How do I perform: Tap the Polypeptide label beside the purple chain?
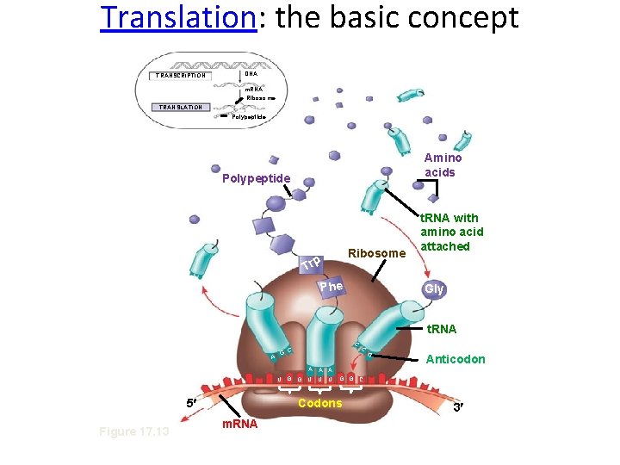coord(257,179)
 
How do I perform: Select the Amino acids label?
coord(443,164)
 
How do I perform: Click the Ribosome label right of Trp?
coord(375,253)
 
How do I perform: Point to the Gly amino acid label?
coord(434,288)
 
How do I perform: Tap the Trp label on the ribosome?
coord(312,262)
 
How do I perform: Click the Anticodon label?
coord(456,359)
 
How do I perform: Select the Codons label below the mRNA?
coord(319,403)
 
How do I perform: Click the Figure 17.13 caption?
coord(133,431)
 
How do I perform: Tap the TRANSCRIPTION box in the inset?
coord(181,75)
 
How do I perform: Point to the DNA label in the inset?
coord(251,74)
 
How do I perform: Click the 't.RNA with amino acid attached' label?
coord(451,232)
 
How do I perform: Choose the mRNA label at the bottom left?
coord(240,424)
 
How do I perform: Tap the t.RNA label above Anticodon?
coord(442,329)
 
